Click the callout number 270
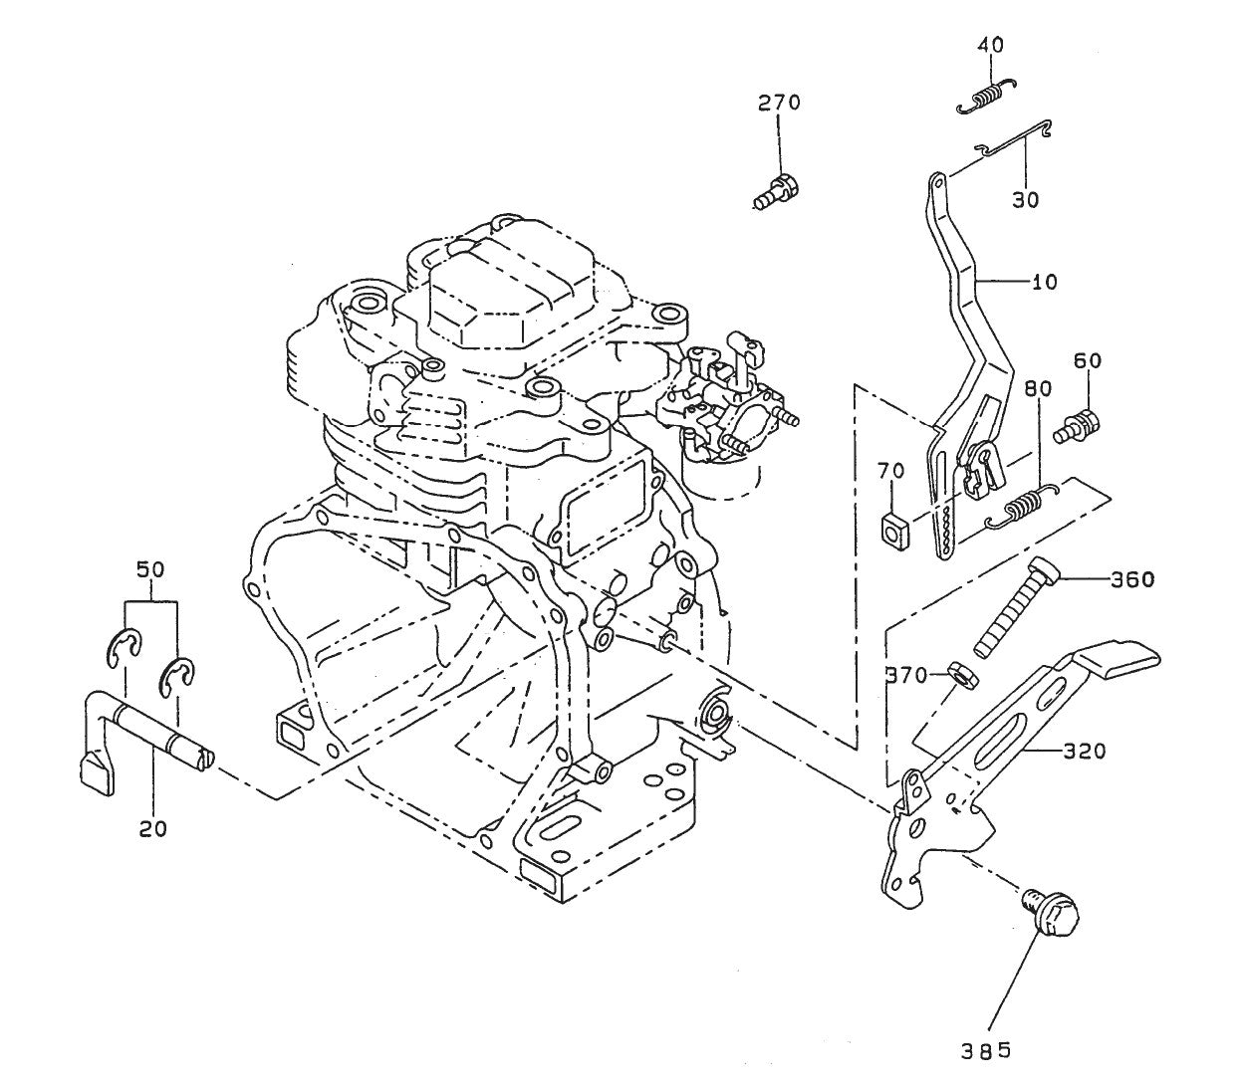pos(779,102)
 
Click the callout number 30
pos(1025,199)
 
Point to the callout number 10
pos(1044,282)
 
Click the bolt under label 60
pos(1078,426)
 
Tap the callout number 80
pos(1036,389)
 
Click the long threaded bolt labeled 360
pos(1011,608)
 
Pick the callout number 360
pos(1133,578)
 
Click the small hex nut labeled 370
pos(962,675)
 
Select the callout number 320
pos(1084,752)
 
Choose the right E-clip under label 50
pos(179,676)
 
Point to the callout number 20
pos(152,827)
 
